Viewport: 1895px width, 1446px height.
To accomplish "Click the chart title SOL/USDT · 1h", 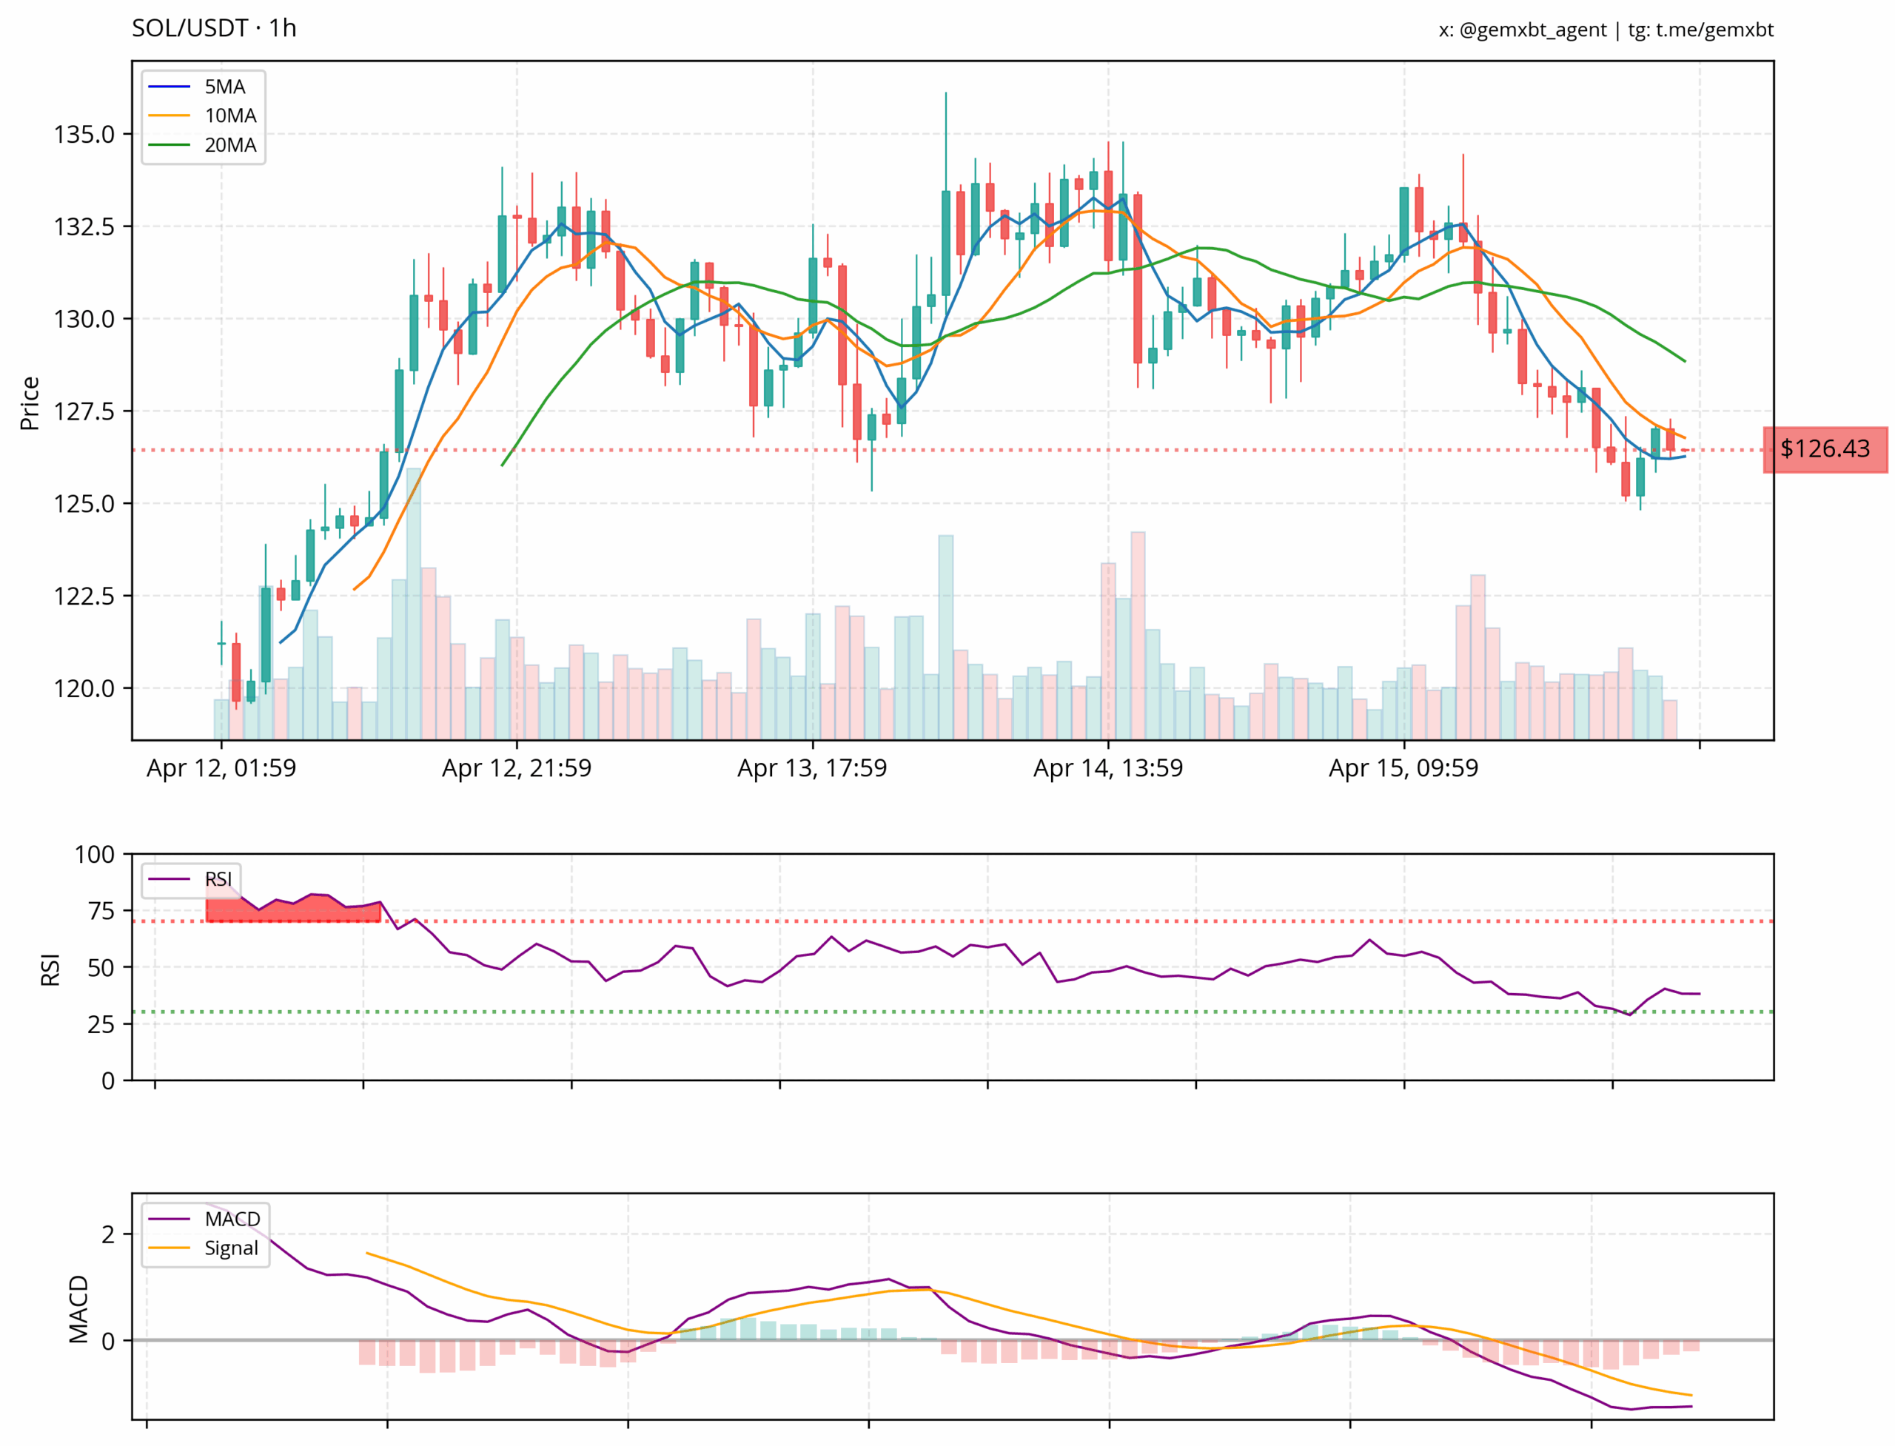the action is (x=213, y=28).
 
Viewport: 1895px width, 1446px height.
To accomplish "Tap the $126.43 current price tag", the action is (x=1825, y=448).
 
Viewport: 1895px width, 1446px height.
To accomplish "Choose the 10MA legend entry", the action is (x=202, y=115).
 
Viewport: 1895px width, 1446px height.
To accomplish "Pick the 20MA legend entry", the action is (x=202, y=144).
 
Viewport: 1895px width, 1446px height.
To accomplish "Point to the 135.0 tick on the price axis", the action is (x=84, y=134).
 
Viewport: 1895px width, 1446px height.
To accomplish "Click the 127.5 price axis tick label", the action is (x=84, y=411).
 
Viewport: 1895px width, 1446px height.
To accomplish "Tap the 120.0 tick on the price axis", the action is (x=84, y=688).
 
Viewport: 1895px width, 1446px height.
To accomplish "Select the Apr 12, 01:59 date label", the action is (x=221, y=767).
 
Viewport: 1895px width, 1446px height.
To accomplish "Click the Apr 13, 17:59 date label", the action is (x=812, y=767).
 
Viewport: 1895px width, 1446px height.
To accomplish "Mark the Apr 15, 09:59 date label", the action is (x=1403, y=767).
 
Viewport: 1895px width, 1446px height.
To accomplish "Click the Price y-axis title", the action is (x=30, y=403).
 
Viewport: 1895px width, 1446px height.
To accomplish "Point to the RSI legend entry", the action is (x=190, y=879).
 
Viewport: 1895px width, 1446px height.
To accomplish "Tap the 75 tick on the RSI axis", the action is (x=101, y=911).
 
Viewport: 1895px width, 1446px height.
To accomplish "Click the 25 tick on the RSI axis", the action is (x=101, y=1024).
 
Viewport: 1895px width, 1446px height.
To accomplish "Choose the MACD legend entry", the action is (x=204, y=1219).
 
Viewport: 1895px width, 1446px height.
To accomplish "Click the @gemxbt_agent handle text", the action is (x=1532, y=30).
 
